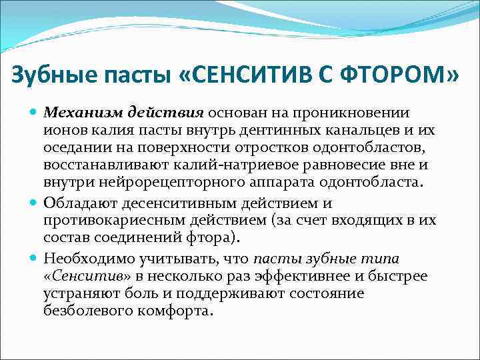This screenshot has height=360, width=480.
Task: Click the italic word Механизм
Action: [73, 113]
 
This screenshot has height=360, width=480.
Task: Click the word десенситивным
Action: [175, 203]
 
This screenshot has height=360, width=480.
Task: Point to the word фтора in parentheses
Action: [226, 237]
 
